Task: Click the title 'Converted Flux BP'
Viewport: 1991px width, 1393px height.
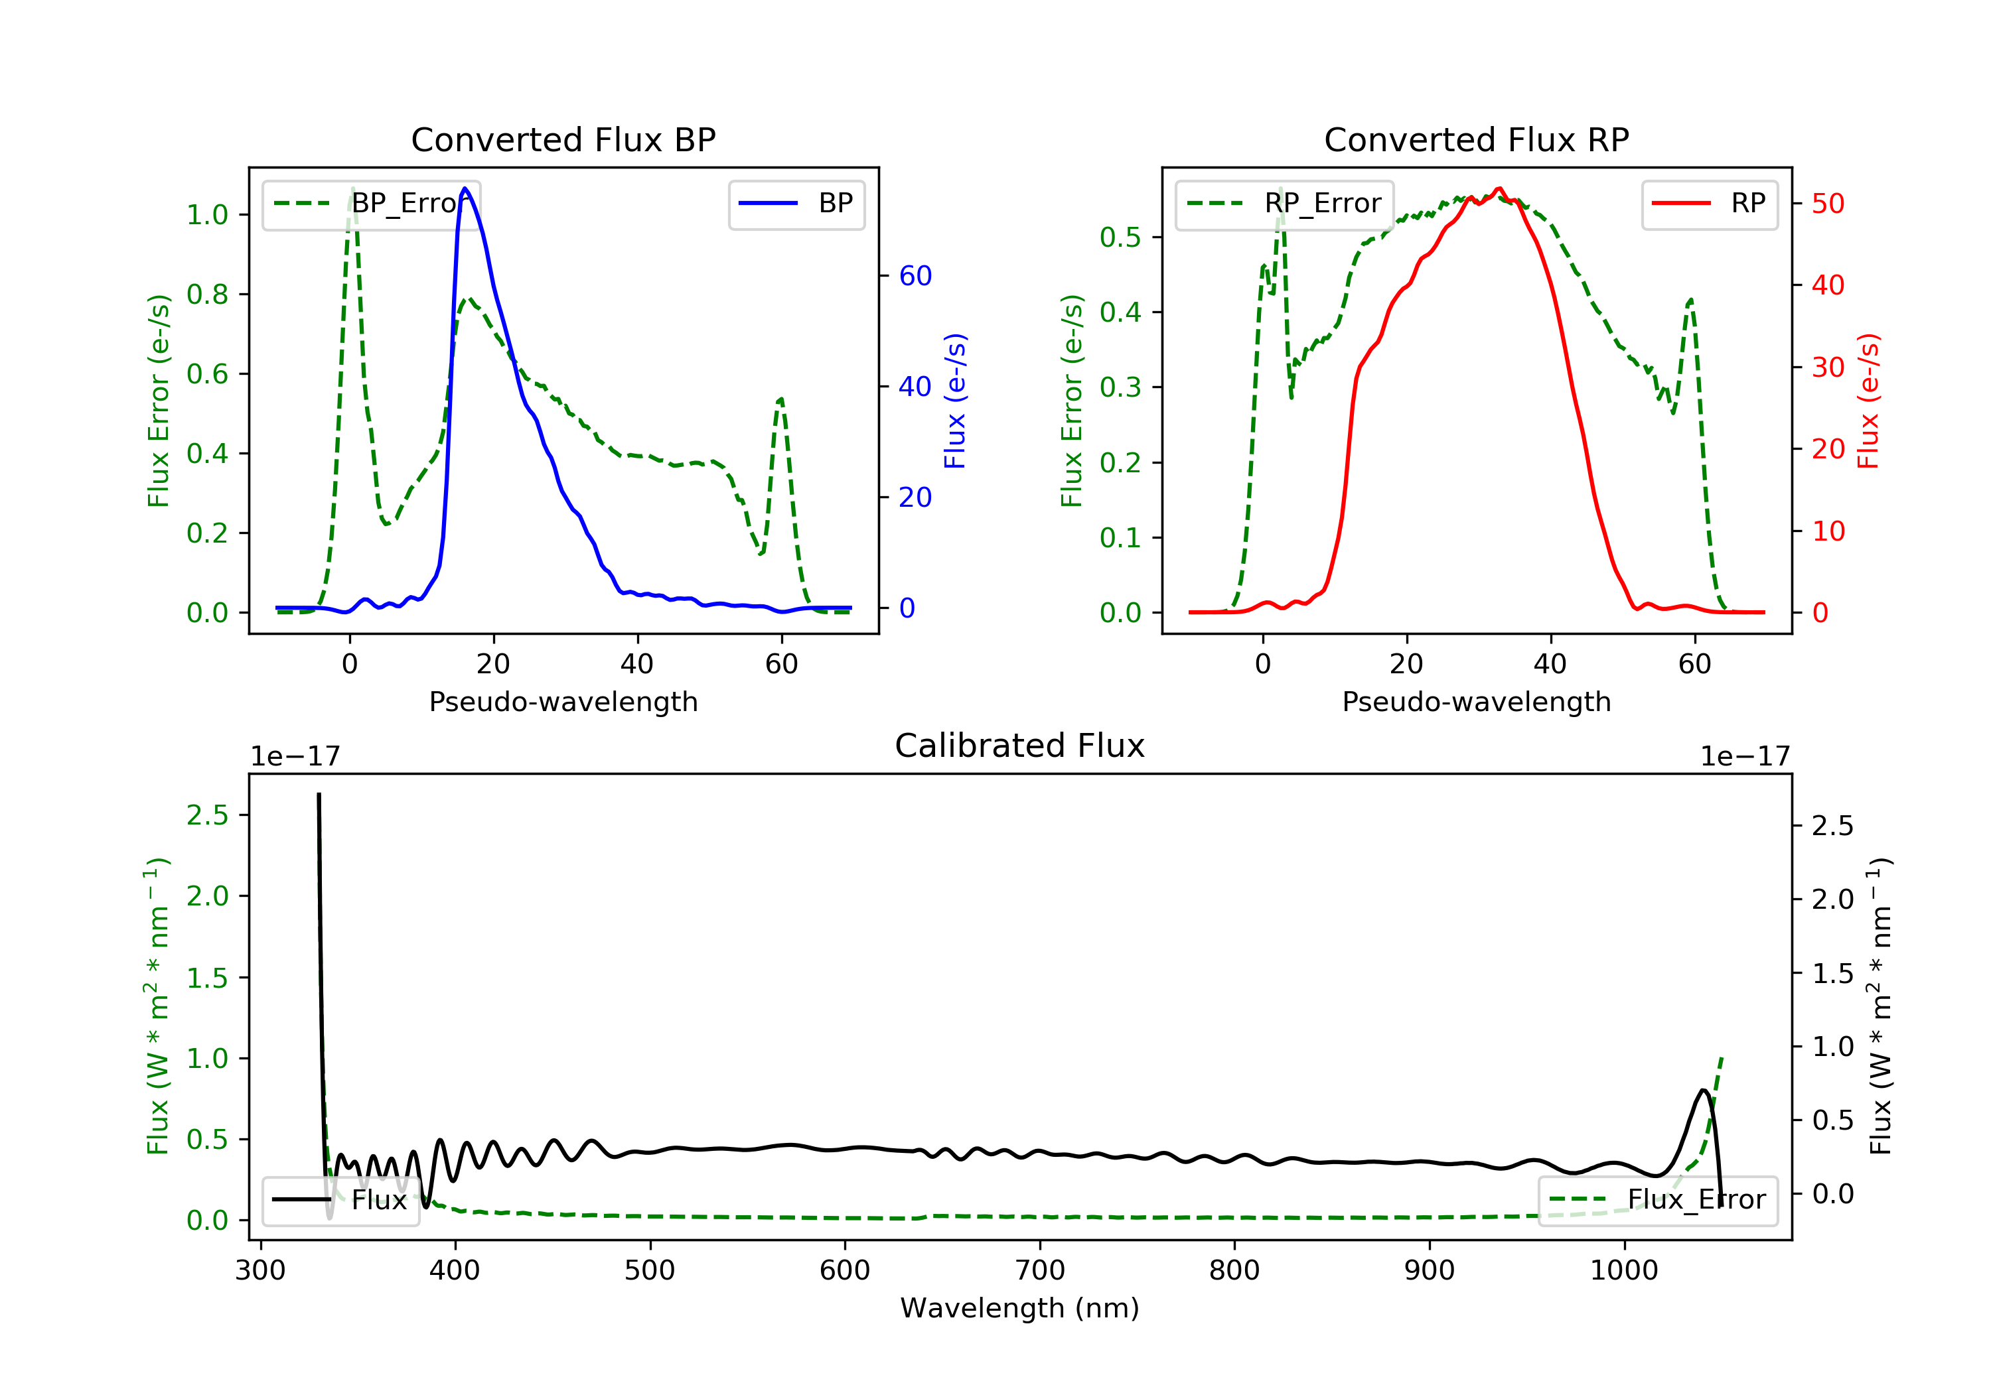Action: tap(563, 139)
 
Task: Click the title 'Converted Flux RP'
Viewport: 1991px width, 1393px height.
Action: tap(1476, 139)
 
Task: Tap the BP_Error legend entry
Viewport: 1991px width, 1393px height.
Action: tap(371, 204)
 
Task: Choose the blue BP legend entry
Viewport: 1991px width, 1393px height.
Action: tap(796, 204)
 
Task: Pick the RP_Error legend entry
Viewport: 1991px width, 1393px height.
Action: tap(1284, 204)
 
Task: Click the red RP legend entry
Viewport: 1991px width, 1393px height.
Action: tap(1709, 204)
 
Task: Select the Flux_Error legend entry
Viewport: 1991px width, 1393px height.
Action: tap(1657, 1200)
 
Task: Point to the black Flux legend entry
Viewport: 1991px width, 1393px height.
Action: tap(341, 1200)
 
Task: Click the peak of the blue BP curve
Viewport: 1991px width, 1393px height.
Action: tap(466, 188)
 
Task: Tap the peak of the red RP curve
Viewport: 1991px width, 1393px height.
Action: tap(1499, 188)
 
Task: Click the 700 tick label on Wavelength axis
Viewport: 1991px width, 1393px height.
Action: tap(1040, 1271)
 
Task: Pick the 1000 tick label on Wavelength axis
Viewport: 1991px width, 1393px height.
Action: tap(1623, 1271)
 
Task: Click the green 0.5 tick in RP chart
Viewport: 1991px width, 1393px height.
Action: tap(1120, 237)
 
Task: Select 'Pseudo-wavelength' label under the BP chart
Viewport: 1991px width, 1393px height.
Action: tap(563, 701)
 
